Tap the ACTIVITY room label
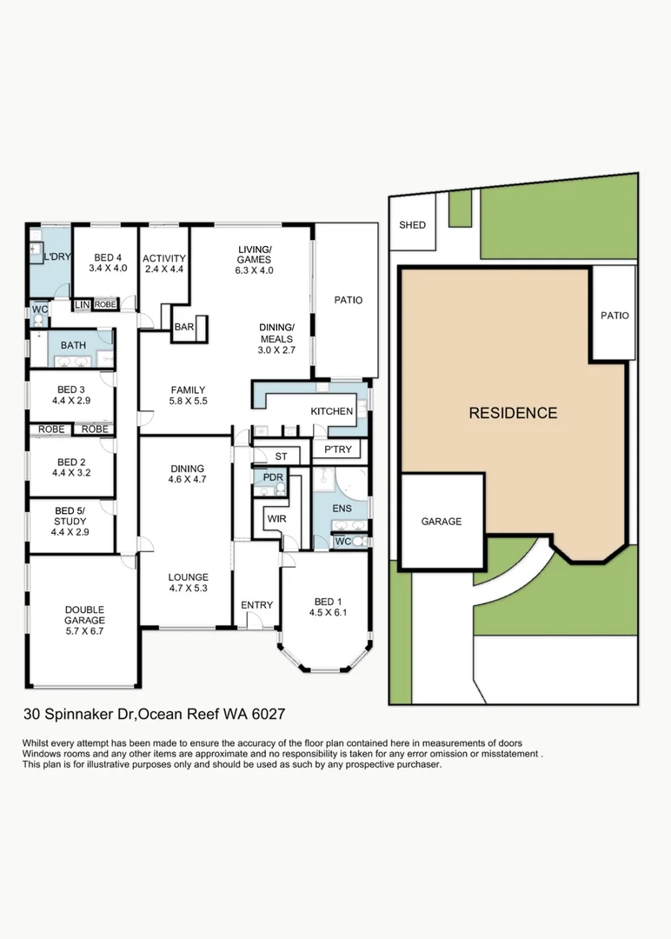[164, 258]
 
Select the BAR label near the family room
[184, 328]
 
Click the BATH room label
[73, 345]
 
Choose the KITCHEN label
[332, 411]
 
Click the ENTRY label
[256, 605]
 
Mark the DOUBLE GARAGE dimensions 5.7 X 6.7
[83, 632]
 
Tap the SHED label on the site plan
[412, 225]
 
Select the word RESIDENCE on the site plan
[513, 413]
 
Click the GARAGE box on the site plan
[442, 522]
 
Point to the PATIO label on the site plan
[615, 316]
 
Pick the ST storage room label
[281, 456]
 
